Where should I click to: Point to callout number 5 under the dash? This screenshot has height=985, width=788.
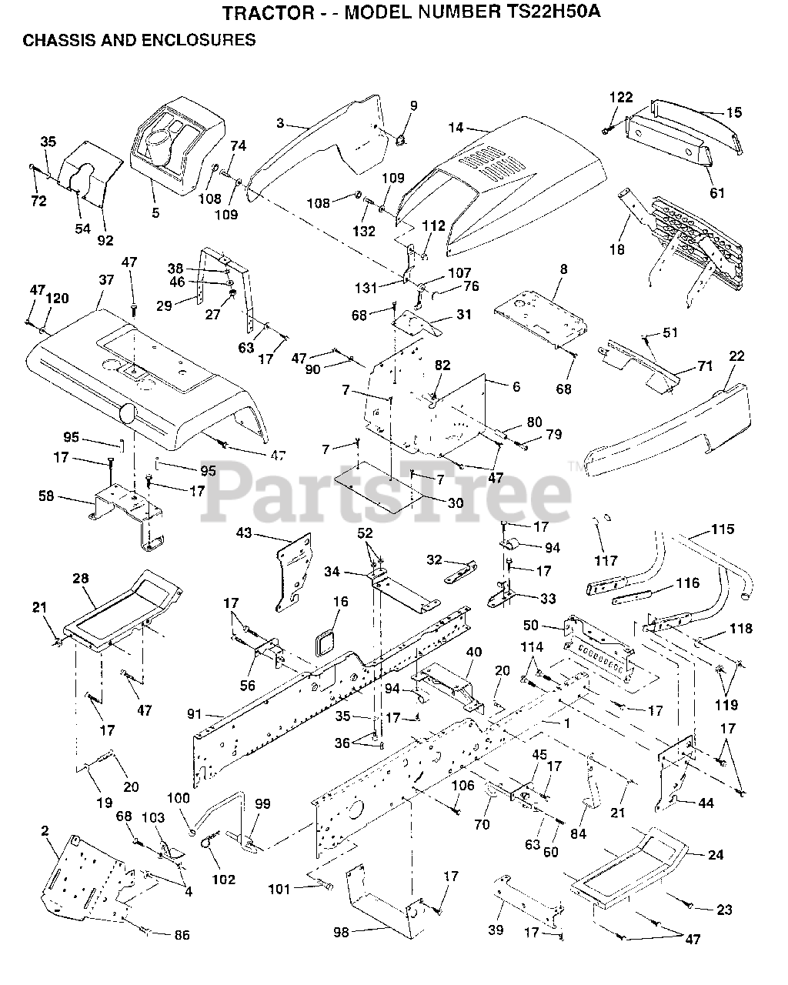(155, 212)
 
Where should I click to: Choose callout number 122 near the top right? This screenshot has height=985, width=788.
(621, 98)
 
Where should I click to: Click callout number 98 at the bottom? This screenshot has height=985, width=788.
(340, 932)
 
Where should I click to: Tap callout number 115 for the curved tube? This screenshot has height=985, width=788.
(722, 529)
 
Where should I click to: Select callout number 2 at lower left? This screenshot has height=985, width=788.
(45, 830)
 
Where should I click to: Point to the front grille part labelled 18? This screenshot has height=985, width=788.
(693, 239)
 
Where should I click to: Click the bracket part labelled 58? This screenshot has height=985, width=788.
(127, 512)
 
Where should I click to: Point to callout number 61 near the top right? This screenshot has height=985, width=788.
(716, 193)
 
